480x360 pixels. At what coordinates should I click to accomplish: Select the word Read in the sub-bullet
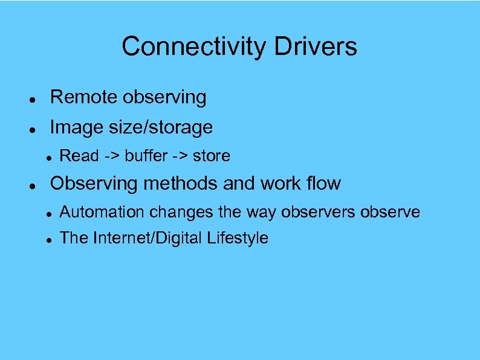[x=79, y=156]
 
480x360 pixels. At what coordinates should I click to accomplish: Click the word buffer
[x=146, y=156]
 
